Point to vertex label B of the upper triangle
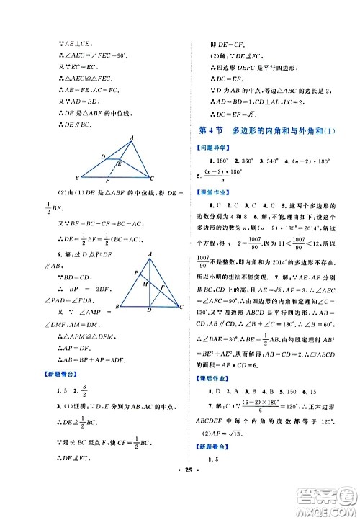coord(77,178)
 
